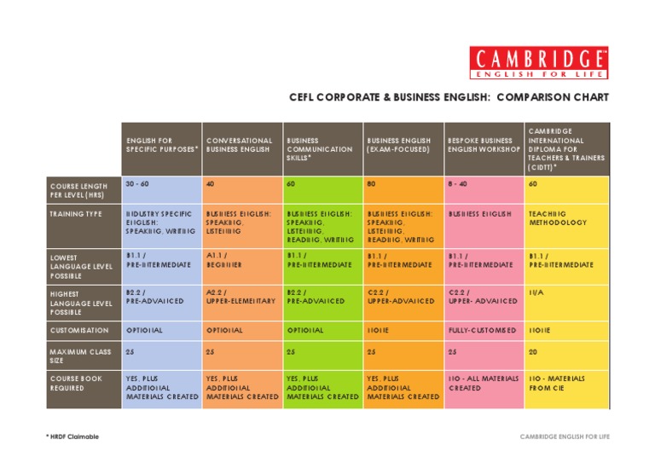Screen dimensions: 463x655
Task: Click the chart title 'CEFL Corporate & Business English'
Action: point(449,97)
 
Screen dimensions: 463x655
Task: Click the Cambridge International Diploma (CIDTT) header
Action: point(566,149)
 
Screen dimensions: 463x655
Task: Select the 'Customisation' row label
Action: point(79,330)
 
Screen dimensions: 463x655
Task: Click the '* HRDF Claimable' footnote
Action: point(72,437)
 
